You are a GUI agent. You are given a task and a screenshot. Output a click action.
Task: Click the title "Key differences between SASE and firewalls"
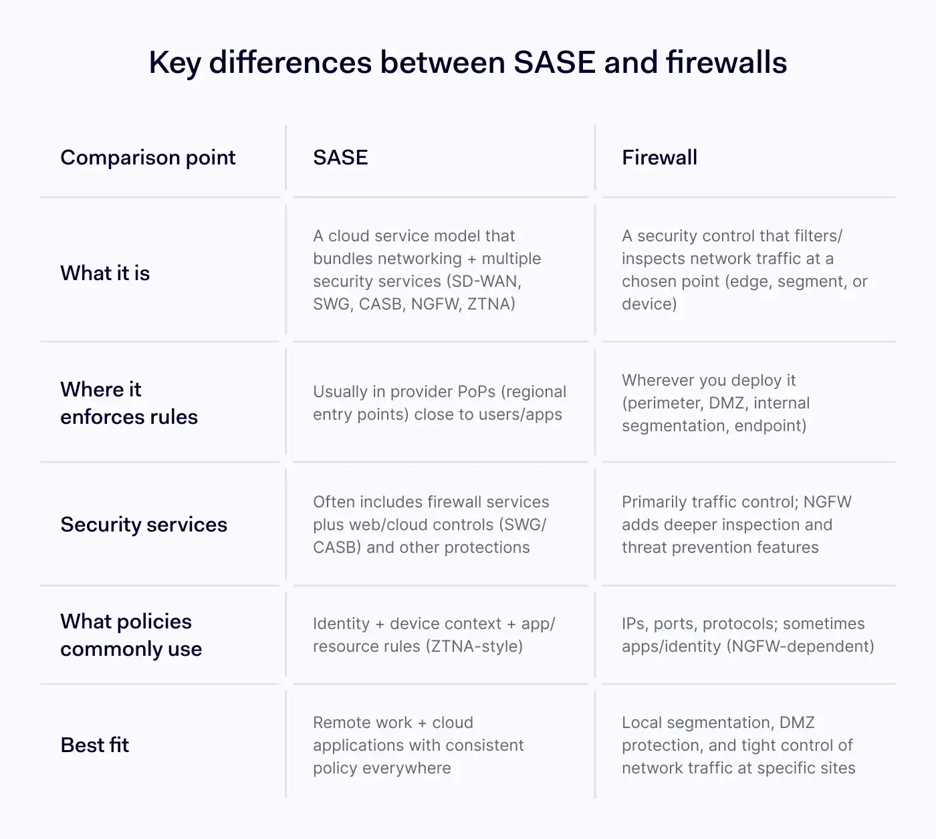pos(467,63)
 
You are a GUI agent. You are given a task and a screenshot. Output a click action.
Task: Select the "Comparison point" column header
pos(148,158)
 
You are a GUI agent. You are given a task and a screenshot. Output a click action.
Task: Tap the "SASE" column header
pos(340,158)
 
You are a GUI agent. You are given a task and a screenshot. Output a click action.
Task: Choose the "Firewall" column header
pos(659,158)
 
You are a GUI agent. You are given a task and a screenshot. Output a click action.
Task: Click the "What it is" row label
pos(105,273)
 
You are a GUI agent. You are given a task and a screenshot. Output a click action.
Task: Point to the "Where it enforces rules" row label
pos(129,403)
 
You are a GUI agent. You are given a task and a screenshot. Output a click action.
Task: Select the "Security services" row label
pos(144,525)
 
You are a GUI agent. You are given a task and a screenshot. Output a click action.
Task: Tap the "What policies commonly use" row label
pos(131,635)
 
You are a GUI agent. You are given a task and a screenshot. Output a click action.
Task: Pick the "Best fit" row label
pos(95,745)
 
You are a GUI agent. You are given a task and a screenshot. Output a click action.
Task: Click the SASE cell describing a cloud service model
pos(427,270)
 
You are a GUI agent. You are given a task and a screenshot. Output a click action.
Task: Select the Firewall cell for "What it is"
pos(744,270)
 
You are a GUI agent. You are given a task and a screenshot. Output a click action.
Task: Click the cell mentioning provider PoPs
pos(439,403)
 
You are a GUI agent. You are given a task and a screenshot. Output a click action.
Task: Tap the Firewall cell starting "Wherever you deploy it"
pos(715,403)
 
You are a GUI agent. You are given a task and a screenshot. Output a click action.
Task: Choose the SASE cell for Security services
pos(431,525)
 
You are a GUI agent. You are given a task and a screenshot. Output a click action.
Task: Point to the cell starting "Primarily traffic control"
pos(736,525)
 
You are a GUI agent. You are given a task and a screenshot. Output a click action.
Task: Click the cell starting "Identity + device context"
pos(434,635)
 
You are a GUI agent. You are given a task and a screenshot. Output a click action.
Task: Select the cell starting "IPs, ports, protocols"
pos(747,635)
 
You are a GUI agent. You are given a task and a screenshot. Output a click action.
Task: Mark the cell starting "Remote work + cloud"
pos(418,745)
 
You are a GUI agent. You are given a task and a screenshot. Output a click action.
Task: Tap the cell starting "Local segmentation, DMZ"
pos(738,745)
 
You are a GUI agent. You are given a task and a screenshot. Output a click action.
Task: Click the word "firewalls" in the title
pos(726,63)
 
